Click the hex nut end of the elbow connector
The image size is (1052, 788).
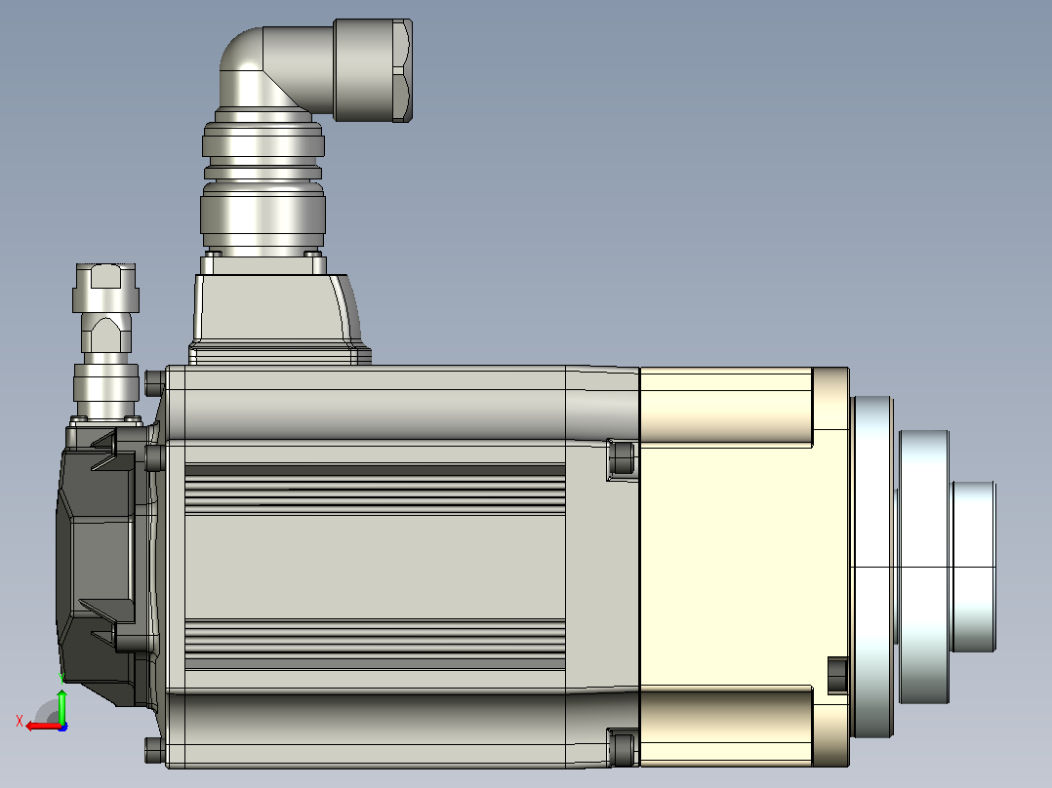click(373, 70)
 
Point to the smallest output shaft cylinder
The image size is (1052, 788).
click(974, 567)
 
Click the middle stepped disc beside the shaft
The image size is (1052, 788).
click(924, 567)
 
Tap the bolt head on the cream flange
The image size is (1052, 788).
click(837, 675)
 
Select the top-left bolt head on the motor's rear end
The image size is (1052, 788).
click(155, 383)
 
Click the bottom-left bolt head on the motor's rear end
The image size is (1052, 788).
click(155, 750)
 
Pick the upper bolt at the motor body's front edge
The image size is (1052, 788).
click(622, 458)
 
